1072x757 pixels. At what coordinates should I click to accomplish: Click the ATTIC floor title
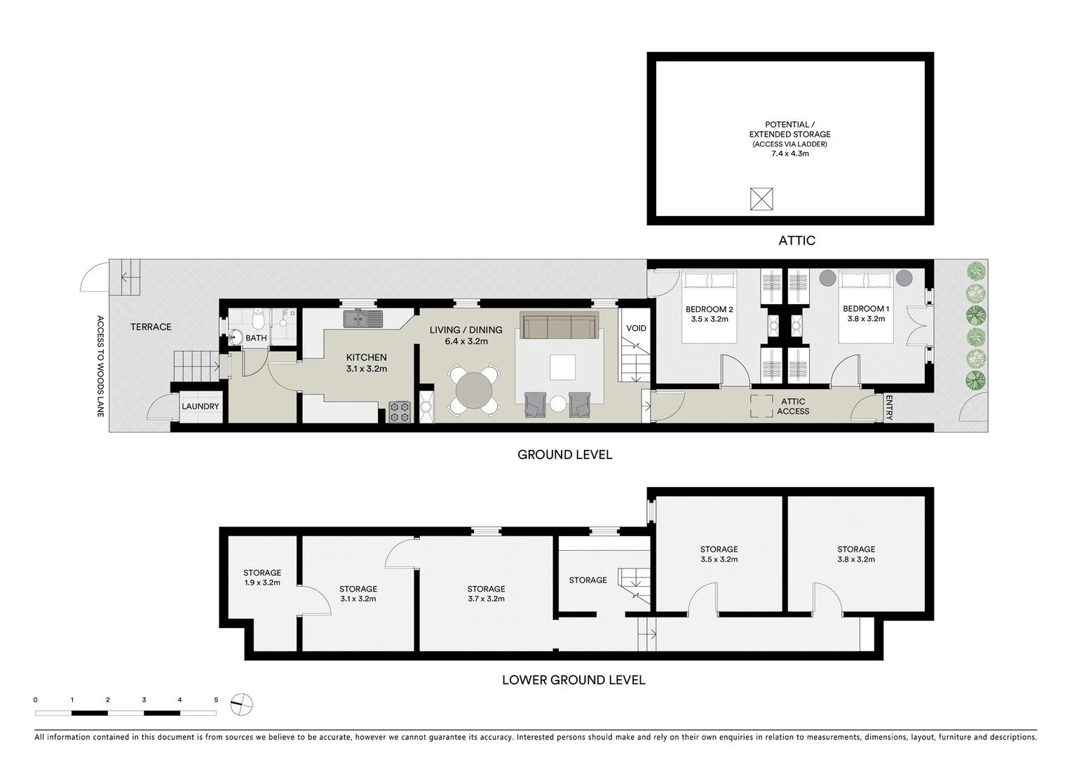[796, 240]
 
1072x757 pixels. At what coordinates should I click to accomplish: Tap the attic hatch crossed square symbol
[761, 199]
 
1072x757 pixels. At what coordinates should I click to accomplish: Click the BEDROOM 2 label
[709, 309]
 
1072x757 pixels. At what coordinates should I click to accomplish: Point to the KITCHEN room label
[366, 357]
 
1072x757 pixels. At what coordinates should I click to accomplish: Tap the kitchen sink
[362, 320]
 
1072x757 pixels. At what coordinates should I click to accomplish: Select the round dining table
[474, 390]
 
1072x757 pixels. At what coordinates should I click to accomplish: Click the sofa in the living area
[558, 327]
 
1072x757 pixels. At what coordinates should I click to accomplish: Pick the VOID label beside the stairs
[636, 328]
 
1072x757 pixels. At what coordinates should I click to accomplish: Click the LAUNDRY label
[201, 407]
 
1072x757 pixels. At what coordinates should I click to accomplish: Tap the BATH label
[256, 338]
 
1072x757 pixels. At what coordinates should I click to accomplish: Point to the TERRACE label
[151, 327]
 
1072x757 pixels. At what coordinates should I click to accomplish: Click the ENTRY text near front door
[888, 407]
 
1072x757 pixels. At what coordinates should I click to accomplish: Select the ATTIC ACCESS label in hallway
[793, 407]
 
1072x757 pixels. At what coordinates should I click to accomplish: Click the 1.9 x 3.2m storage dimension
[262, 582]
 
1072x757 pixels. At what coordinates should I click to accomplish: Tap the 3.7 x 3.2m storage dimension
[486, 599]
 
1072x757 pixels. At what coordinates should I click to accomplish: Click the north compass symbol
[241, 704]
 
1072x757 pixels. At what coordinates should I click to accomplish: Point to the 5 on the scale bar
[216, 700]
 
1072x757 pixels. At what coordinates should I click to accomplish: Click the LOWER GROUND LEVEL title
[574, 680]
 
